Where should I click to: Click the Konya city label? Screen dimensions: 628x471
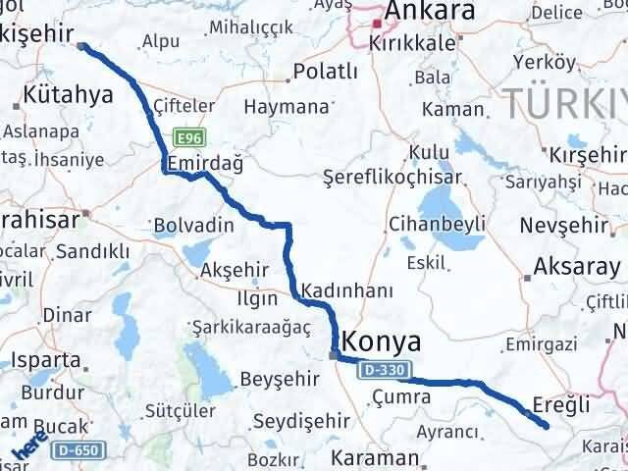pos(384,342)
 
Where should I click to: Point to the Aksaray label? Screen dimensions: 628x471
pos(575,266)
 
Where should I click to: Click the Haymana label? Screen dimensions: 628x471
pos(285,106)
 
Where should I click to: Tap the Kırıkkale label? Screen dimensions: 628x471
pos(410,44)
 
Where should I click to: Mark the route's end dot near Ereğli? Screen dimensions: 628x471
pos(546,424)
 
